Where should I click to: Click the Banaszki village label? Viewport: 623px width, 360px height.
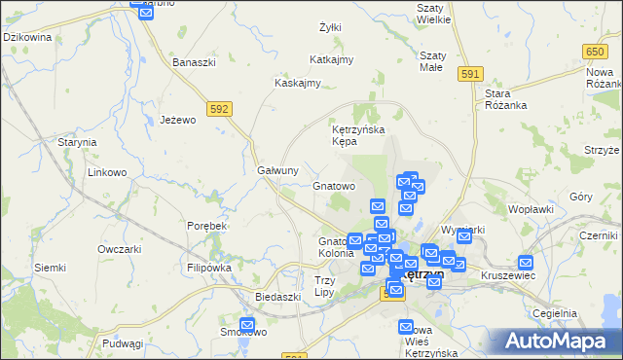tap(194, 62)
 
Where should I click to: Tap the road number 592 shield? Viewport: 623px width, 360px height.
tap(219, 109)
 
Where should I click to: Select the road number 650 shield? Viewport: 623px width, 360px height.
tap(595, 51)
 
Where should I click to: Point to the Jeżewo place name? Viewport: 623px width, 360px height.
tap(178, 120)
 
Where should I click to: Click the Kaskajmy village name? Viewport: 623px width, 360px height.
tap(298, 83)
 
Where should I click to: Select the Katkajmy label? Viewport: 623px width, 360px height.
tap(331, 59)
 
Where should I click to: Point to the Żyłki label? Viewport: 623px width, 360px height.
tap(330, 27)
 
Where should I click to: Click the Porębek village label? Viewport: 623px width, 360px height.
tap(206, 225)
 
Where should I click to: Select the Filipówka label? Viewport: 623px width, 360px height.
tap(209, 267)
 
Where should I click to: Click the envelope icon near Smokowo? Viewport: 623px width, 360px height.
tap(247, 325)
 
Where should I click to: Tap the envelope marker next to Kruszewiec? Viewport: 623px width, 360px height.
tap(527, 262)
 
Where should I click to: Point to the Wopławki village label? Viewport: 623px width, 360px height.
tap(531, 208)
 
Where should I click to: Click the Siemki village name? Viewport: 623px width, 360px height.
tap(50, 267)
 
